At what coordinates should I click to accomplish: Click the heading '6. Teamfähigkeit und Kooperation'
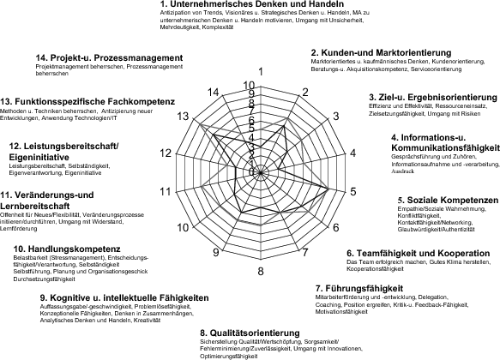click(419, 253)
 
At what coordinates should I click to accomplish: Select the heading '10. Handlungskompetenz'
click(65, 249)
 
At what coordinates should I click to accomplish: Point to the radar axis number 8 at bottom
click(261, 272)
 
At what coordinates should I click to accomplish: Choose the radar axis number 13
click(183, 116)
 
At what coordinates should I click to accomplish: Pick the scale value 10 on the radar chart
click(249, 85)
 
